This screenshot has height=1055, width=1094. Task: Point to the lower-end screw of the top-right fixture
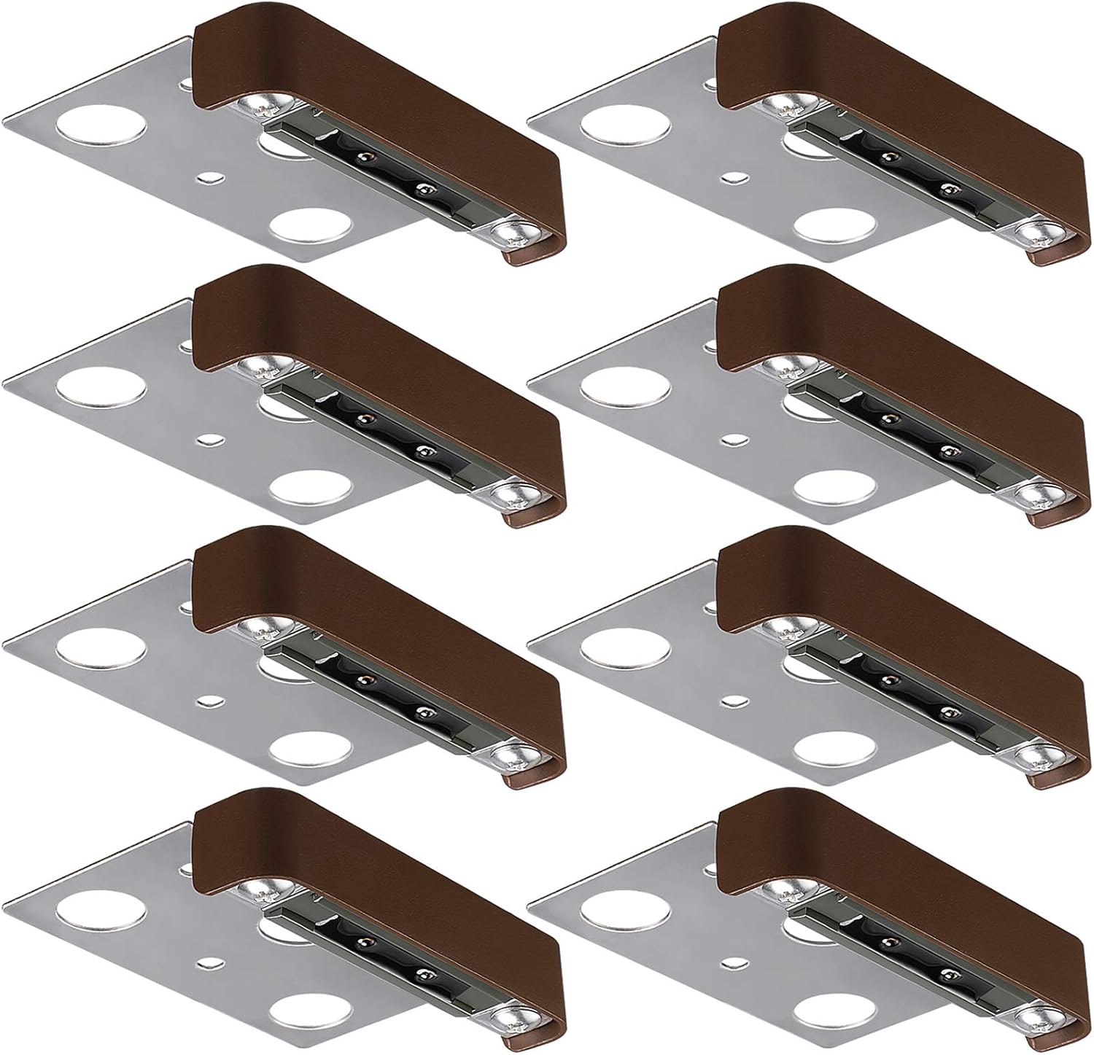click(x=1036, y=235)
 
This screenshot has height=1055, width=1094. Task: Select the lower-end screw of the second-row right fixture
click(x=1036, y=497)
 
